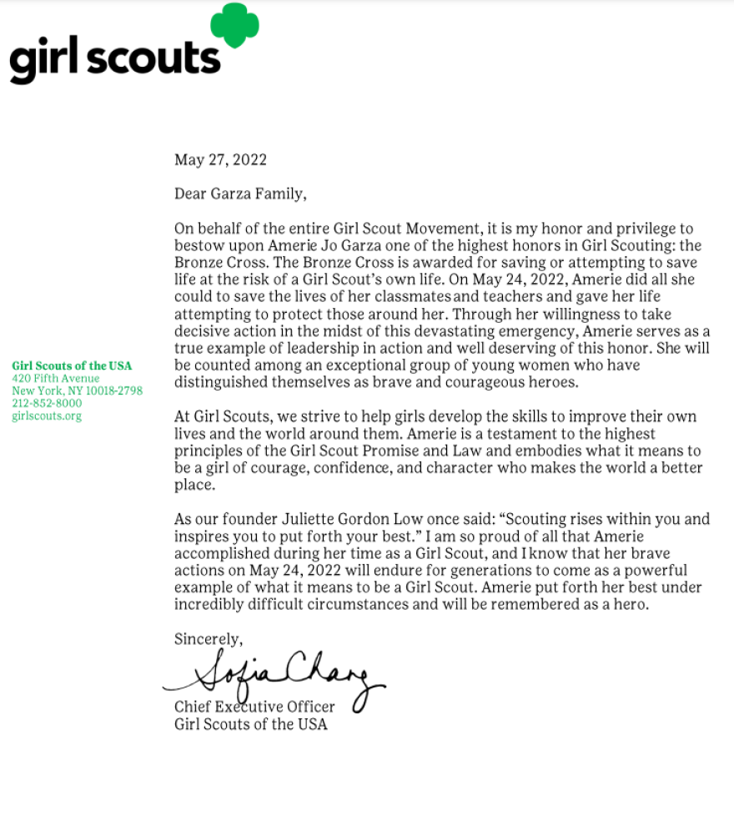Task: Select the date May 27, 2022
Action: tap(220, 159)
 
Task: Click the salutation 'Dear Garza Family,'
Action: tap(240, 194)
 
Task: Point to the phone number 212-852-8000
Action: tap(47, 403)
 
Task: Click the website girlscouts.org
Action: tap(47, 416)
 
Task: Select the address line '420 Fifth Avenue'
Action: tap(56, 378)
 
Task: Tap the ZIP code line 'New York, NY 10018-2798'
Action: tap(77, 390)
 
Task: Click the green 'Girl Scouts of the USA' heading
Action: tap(72, 365)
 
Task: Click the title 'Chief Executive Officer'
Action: tap(254, 707)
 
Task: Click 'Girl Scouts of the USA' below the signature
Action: tap(250, 724)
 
